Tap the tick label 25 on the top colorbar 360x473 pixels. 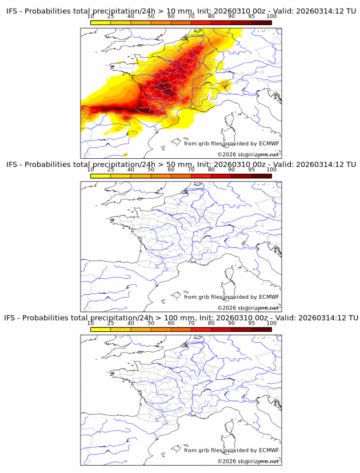click(111, 17)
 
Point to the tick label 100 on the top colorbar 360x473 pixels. click(271, 17)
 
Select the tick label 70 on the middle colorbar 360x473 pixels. click(191, 170)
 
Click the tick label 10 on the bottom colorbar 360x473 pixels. click(90, 323)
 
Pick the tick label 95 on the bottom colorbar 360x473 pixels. click(251, 323)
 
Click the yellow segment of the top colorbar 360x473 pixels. click(101, 22)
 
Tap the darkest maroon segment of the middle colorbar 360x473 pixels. click(261, 176)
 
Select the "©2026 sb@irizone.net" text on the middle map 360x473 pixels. click(248, 308)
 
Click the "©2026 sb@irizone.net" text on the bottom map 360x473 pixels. click(248, 461)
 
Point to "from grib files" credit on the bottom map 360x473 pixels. click(202, 450)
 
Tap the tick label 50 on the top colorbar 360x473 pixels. click(151, 17)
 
